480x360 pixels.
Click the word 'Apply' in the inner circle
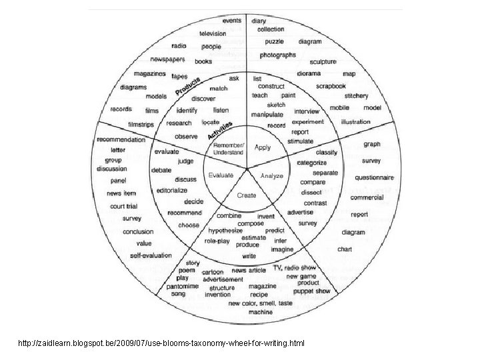[263, 147]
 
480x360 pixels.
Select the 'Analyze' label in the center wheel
[272, 176]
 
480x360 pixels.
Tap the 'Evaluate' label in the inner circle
[220, 175]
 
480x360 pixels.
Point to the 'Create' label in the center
[247, 195]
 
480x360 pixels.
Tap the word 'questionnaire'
[374, 178]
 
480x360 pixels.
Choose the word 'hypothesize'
[225, 229]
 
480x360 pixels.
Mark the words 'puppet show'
[313, 291]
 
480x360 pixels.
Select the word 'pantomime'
[181, 285]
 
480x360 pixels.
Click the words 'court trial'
[123, 206]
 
